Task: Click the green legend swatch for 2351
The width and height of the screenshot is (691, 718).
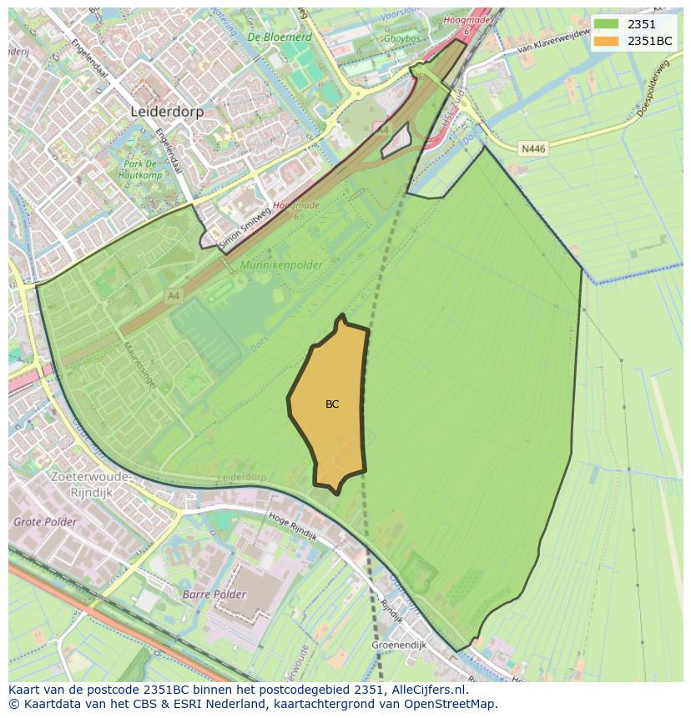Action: (606, 24)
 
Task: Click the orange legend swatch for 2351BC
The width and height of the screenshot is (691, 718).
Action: (606, 41)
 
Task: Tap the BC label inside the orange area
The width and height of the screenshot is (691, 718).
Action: (332, 404)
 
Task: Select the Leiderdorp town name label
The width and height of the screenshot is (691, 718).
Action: (167, 111)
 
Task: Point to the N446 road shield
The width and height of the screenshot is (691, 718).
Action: (532, 148)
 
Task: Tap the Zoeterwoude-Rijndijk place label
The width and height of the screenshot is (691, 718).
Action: (91, 483)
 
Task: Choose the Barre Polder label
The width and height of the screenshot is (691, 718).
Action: (214, 595)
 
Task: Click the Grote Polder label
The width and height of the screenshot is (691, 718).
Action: (45, 522)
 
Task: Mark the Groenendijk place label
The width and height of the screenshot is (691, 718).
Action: (398, 645)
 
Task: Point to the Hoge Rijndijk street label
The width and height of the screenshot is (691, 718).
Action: (293, 527)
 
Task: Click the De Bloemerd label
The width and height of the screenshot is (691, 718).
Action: (280, 38)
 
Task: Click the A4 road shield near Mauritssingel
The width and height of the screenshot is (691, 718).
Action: (173, 295)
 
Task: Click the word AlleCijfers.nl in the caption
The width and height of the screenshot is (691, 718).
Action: (431, 690)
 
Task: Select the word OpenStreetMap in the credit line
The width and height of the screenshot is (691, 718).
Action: (451, 704)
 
